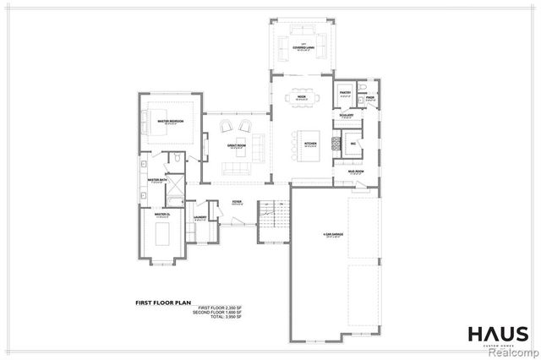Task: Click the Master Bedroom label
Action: (x=171, y=123)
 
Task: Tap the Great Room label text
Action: (x=236, y=145)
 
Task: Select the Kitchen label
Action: (x=310, y=145)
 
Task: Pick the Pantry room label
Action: (x=345, y=93)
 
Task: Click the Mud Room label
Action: (x=356, y=172)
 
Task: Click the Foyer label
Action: (x=238, y=202)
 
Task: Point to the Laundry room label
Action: (x=200, y=218)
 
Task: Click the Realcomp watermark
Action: (x=511, y=350)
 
